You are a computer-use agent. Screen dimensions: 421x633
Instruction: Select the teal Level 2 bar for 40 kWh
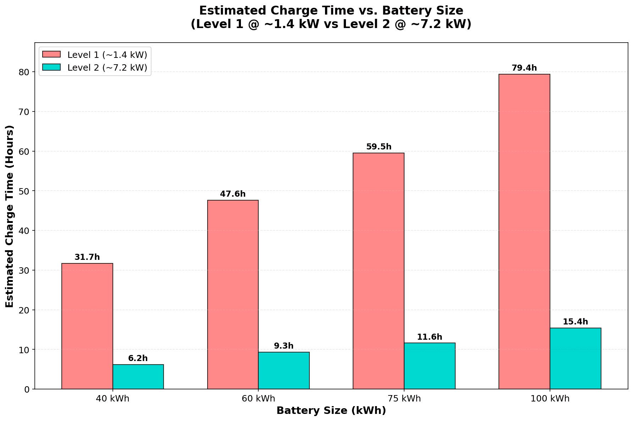(x=138, y=377)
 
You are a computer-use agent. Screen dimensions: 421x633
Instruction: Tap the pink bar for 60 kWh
(x=233, y=295)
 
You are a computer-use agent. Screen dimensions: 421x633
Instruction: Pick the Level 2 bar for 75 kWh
(x=429, y=366)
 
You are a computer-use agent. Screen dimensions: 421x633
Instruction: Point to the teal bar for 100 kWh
(x=575, y=359)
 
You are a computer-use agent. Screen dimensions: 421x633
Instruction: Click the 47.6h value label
(x=233, y=194)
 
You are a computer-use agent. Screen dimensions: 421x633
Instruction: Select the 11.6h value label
(x=429, y=337)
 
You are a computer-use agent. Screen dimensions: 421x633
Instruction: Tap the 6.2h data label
(x=138, y=359)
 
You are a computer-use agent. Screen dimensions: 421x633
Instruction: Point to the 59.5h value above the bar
(x=379, y=147)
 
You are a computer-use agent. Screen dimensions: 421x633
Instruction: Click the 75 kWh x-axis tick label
(x=404, y=399)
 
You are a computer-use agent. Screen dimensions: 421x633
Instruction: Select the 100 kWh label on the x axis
(x=550, y=399)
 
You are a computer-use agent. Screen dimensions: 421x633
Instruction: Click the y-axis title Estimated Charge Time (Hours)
(x=10, y=216)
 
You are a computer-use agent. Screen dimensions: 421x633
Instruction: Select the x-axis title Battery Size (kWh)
(x=331, y=411)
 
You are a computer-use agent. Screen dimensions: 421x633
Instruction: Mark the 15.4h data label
(x=575, y=322)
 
